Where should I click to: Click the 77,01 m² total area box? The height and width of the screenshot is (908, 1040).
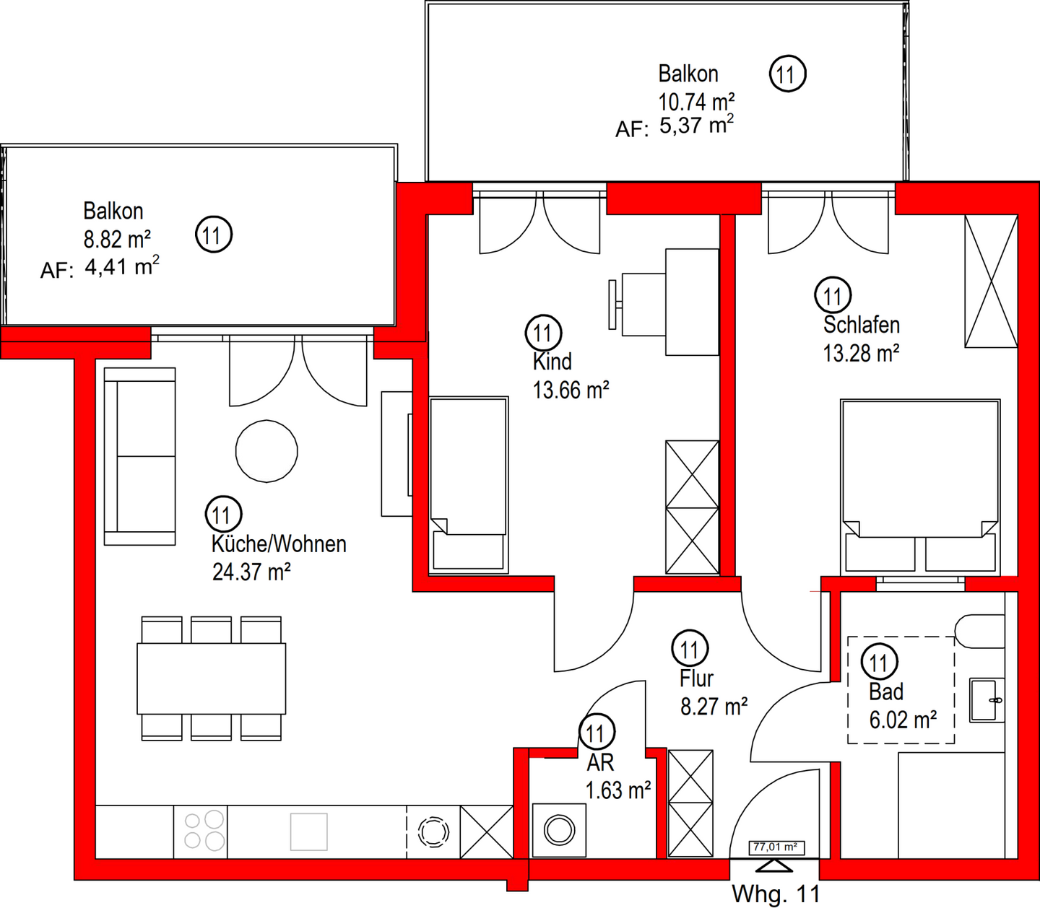[x=776, y=847]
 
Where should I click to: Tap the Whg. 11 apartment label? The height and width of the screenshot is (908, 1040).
[x=776, y=894]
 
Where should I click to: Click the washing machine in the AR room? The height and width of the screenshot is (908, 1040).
[x=559, y=830]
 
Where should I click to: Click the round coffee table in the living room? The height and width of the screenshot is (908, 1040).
[x=267, y=451]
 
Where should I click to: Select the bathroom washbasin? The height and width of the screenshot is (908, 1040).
[x=987, y=700]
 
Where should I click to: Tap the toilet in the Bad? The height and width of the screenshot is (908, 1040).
[x=979, y=632]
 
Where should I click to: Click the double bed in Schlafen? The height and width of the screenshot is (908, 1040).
[x=921, y=487]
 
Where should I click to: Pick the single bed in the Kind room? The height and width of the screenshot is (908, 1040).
[x=468, y=485]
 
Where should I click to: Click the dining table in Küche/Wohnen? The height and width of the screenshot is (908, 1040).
[x=212, y=679]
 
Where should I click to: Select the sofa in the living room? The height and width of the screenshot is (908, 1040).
[x=140, y=457]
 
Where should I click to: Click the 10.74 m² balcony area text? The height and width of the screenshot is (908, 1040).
[x=696, y=102]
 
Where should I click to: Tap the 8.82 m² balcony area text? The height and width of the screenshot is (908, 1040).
[x=117, y=239]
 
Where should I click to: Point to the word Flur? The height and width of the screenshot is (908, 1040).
[x=696, y=678]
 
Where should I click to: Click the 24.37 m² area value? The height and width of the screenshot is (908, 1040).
[x=251, y=572]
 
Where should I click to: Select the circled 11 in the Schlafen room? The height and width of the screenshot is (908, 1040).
[x=833, y=295]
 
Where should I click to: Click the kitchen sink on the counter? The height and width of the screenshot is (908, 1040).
[x=308, y=831]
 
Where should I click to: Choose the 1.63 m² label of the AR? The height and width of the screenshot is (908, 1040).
[x=618, y=790]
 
